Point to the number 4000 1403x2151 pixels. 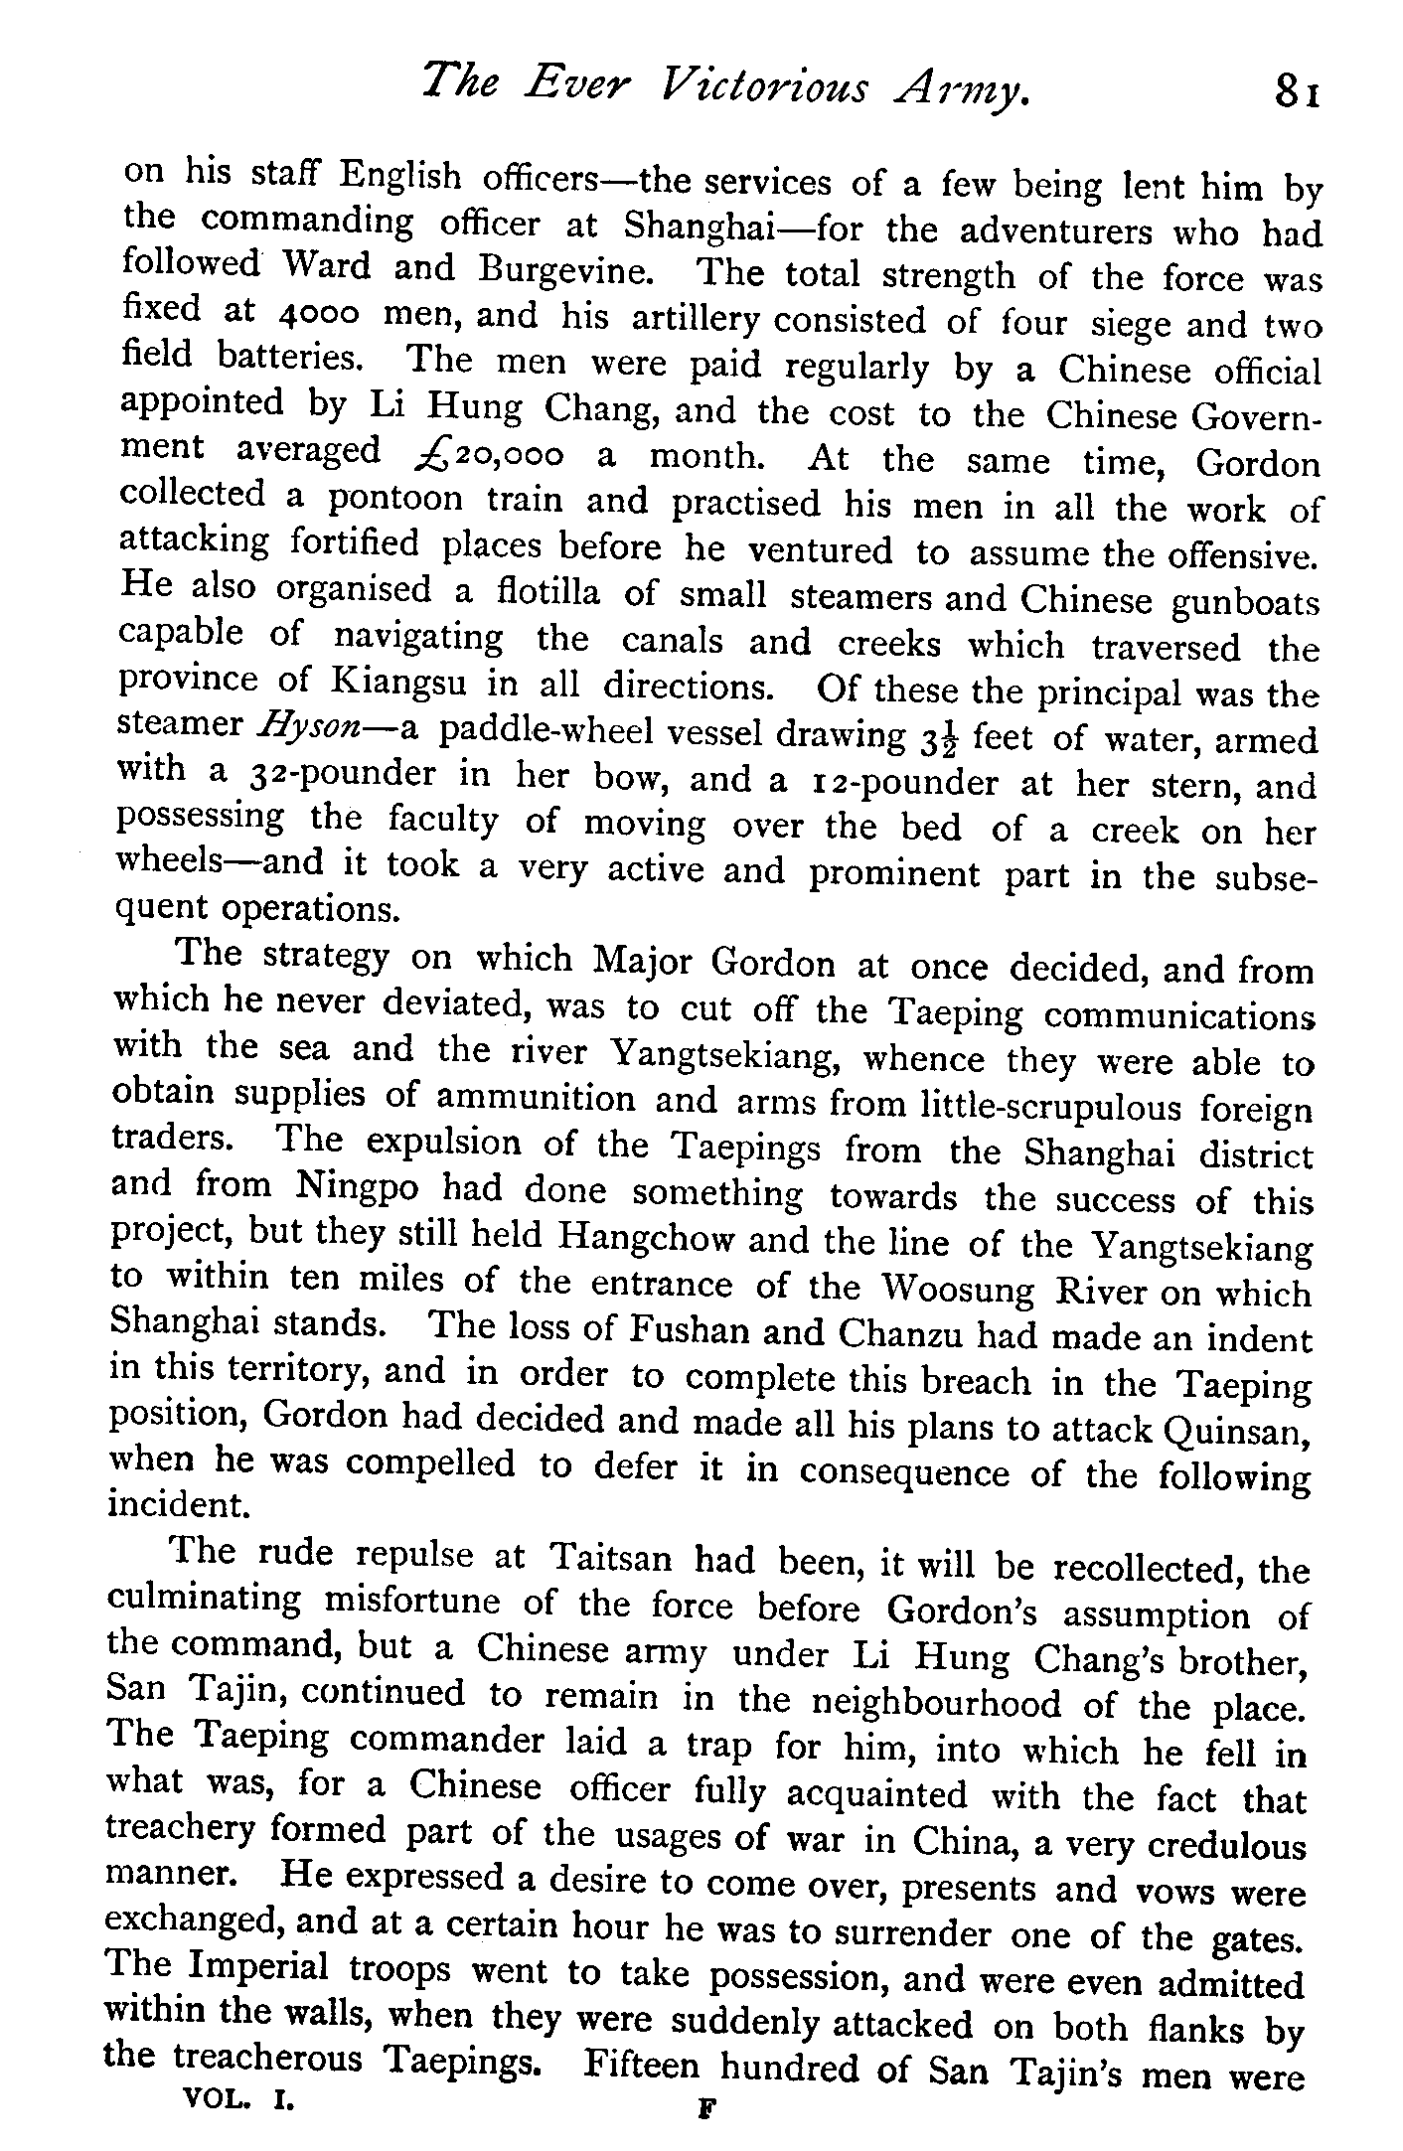(x=318, y=315)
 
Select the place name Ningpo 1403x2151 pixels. (x=359, y=1187)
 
